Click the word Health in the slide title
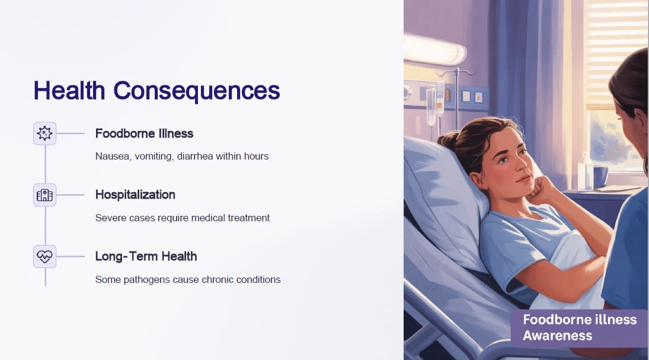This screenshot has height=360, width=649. [x=69, y=90]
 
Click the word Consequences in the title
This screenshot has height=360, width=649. [x=197, y=91]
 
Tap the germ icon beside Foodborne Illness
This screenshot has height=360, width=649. [x=44, y=133]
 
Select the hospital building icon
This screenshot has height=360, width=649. [x=44, y=195]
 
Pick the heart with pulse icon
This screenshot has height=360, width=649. [x=44, y=256]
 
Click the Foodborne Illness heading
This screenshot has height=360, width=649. [x=144, y=133]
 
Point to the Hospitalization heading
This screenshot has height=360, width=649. [x=135, y=195]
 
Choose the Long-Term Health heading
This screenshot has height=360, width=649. [x=146, y=256]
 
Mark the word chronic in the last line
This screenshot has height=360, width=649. [x=218, y=279]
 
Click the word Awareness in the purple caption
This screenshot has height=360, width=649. [x=558, y=336]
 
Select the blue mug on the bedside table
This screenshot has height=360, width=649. [x=600, y=176]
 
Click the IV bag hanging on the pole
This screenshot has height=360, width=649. [x=440, y=97]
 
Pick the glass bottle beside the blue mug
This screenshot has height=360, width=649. [x=585, y=171]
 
